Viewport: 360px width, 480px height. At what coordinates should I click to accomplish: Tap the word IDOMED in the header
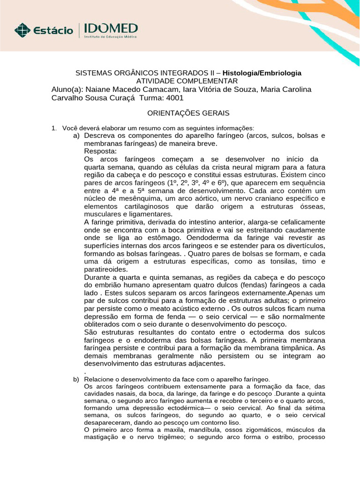point(111,28)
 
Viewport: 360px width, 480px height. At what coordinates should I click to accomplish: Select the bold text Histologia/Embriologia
point(262,73)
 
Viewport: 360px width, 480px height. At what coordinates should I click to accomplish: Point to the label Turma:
point(150,97)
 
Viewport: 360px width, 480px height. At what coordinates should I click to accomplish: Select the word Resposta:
point(101,151)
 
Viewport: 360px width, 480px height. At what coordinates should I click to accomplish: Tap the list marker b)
point(76,378)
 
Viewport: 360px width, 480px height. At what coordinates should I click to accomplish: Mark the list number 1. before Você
point(53,128)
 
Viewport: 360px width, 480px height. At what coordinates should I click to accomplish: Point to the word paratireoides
point(105,269)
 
